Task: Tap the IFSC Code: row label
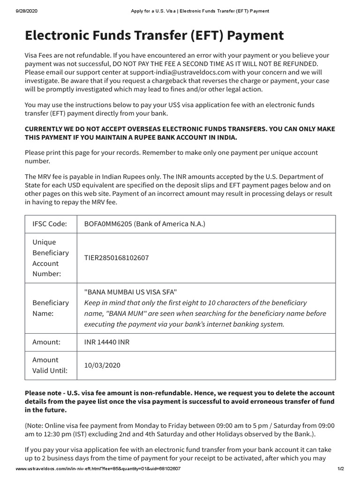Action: [49, 224]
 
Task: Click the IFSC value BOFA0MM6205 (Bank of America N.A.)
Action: [144, 224]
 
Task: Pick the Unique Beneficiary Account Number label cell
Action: [50, 258]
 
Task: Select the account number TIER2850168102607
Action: [123, 258]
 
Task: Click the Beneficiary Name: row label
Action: [50, 307]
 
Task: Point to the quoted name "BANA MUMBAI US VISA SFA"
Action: [130, 292]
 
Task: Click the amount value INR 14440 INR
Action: [106, 342]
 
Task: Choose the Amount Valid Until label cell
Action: [50, 365]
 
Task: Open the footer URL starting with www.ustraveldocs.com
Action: [98, 469]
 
